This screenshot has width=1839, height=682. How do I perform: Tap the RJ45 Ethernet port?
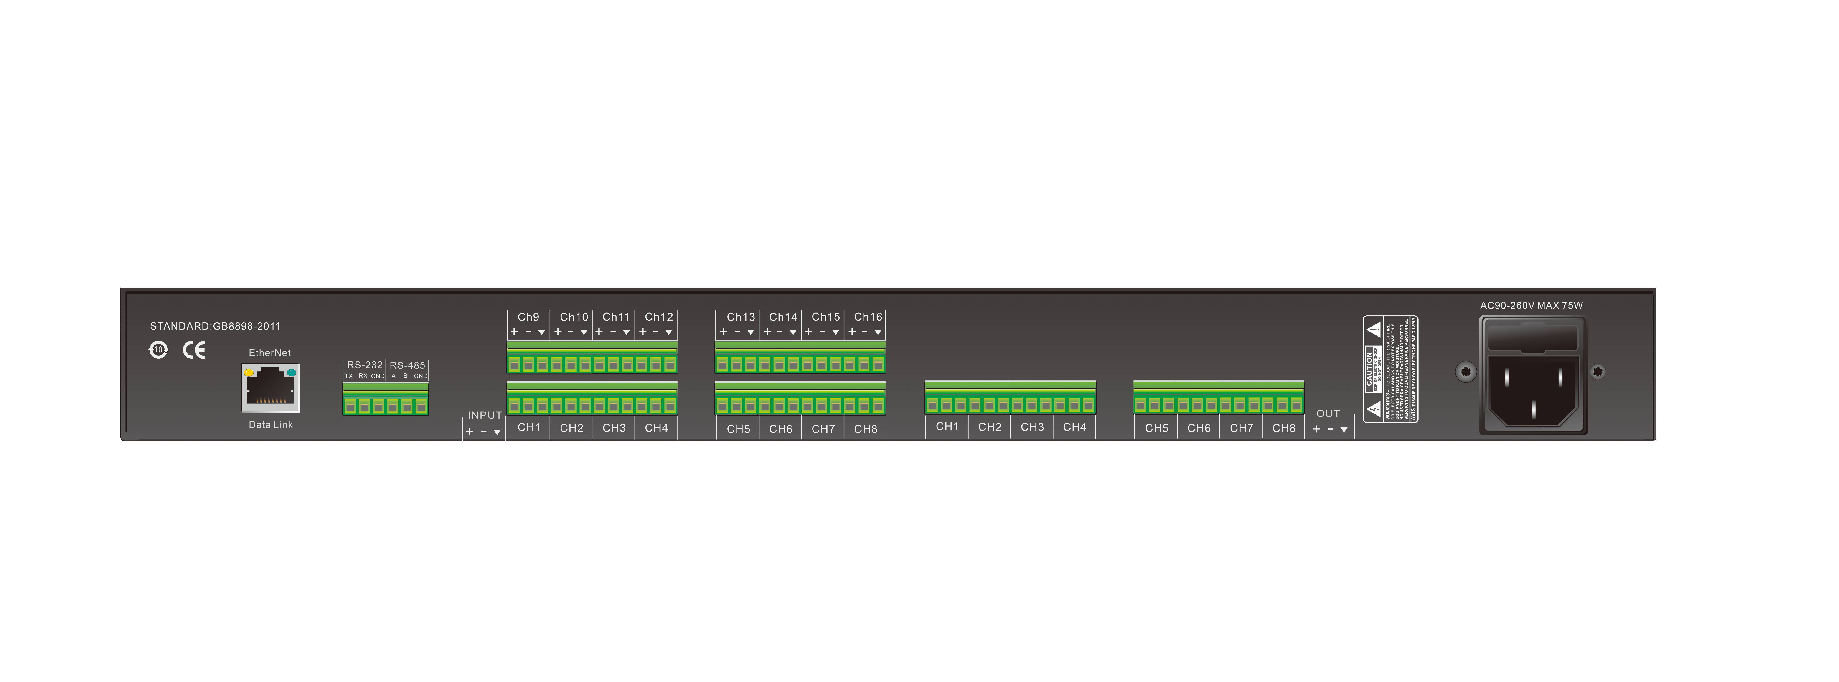[271, 388]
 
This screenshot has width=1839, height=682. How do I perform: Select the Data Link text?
[271, 425]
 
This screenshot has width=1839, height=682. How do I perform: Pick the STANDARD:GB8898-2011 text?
[215, 326]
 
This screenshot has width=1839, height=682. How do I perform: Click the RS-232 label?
[365, 365]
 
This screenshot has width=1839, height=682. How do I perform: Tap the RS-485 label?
[408, 365]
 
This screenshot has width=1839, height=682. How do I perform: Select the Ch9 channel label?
[528, 317]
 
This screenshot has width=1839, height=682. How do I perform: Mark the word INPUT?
[485, 415]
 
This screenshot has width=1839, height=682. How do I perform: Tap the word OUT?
[1328, 414]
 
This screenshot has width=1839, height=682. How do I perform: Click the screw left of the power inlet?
[1466, 371]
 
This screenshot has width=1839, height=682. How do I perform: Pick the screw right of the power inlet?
[1598, 371]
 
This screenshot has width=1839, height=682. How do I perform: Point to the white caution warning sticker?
[1390, 369]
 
